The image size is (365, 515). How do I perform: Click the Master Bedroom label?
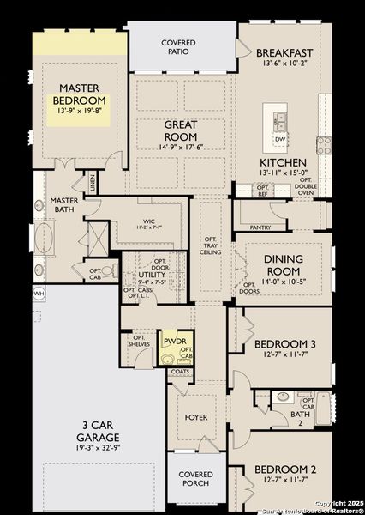click(x=79, y=94)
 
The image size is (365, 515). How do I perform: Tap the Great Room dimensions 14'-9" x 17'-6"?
click(x=181, y=147)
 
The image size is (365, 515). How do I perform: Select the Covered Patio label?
click(x=179, y=47)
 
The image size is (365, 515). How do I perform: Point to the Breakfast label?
click(x=283, y=51)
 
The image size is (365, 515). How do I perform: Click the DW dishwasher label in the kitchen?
click(x=280, y=138)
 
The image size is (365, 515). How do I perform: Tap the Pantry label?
click(x=260, y=227)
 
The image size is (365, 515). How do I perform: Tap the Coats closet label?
click(x=180, y=372)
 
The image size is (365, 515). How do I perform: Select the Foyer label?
click(x=196, y=418)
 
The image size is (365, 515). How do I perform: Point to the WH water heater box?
click(x=38, y=294)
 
